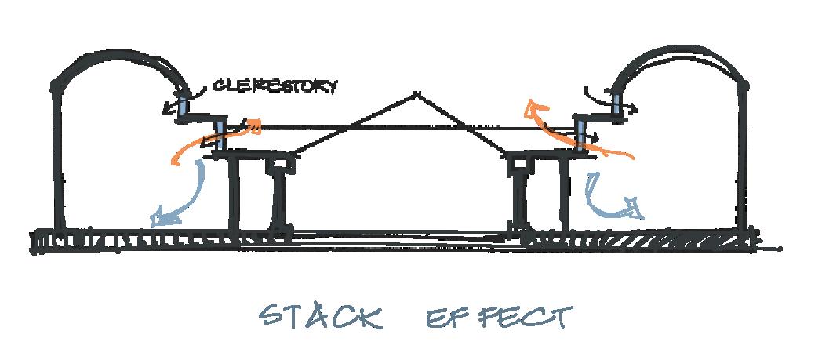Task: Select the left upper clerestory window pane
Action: coord(184,104)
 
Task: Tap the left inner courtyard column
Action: coord(232,192)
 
